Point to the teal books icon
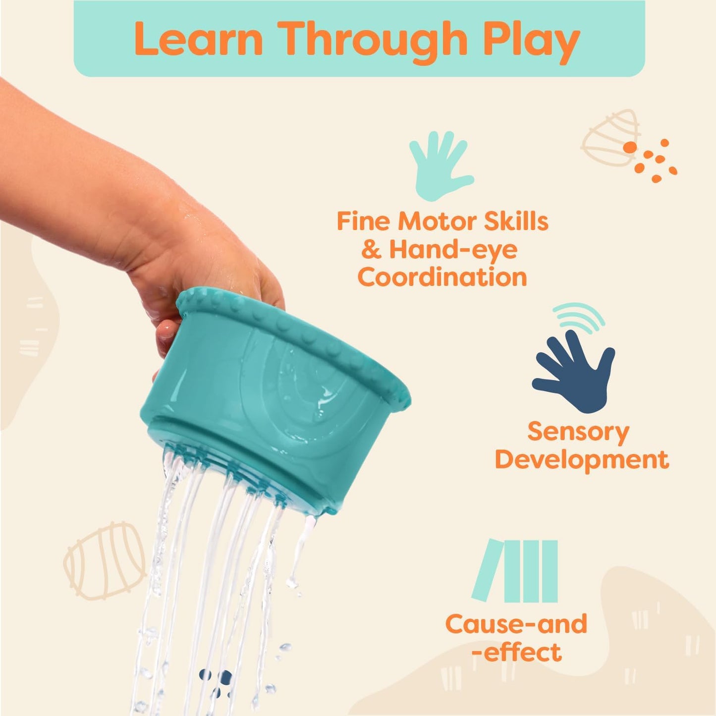(515, 571)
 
